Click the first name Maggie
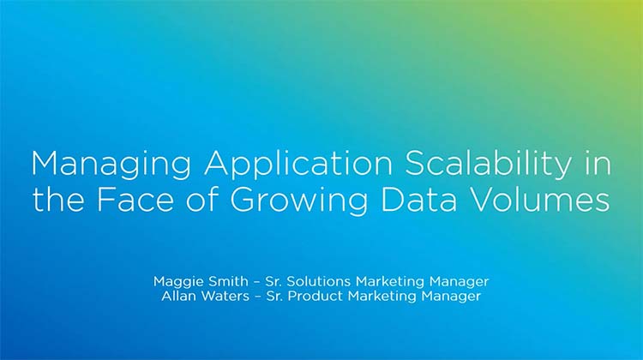click(176, 282)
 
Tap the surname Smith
click(224, 281)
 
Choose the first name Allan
click(181, 297)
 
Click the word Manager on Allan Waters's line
click(452, 297)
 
